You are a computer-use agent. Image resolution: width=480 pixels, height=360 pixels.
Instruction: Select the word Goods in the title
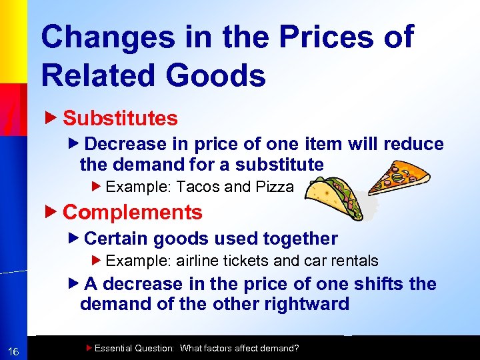click(216, 75)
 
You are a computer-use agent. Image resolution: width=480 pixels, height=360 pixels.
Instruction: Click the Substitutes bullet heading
click(120, 119)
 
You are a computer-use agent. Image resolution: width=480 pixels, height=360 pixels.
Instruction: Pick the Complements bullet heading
click(132, 213)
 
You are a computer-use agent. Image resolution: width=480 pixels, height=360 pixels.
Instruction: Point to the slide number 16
click(13, 352)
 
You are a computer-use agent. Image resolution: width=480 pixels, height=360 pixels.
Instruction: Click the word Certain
click(117, 238)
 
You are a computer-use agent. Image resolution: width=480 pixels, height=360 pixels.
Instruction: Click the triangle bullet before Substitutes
click(55, 118)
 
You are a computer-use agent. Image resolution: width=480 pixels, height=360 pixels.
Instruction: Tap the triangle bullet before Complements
click(55, 212)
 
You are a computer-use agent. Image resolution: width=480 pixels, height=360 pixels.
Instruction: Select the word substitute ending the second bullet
click(277, 164)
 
